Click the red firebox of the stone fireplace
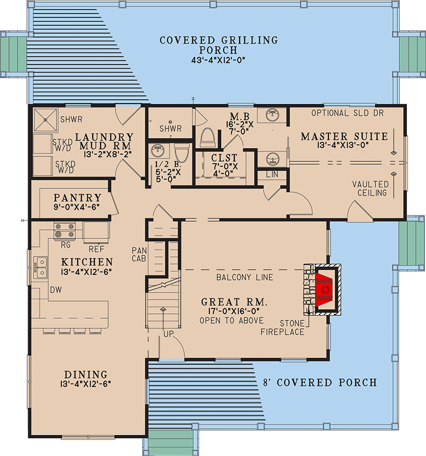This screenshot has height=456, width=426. click(x=324, y=289)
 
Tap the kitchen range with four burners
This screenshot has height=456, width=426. click(x=64, y=230)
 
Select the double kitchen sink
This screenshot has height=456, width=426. click(x=40, y=268)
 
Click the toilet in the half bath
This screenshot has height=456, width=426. click(x=182, y=153)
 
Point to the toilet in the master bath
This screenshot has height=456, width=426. click(x=208, y=137)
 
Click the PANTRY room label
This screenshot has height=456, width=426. click(x=77, y=198)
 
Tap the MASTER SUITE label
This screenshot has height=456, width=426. click(x=344, y=136)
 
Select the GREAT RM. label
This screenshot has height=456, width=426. click(x=234, y=302)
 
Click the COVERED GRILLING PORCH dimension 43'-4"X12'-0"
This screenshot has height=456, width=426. click(x=218, y=61)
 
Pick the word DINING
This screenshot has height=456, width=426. click(x=86, y=374)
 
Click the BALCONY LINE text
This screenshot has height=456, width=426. click(x=245, y=277)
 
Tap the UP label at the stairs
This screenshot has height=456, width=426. click(x=168, y=334)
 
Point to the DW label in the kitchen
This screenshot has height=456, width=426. click(x=56, y=289)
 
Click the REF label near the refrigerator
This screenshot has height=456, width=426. click(x=96, y=249)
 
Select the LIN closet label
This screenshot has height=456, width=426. click(x=272, y=174)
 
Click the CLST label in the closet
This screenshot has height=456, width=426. click(x=224, y=157)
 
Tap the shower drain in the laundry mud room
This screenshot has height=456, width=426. click(x=45, y=120)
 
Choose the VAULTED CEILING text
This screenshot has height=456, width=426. click(x=370, y=188)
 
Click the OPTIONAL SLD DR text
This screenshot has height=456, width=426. click(x=347, y=113)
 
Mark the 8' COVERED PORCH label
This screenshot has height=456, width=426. click(x=320, y=383)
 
